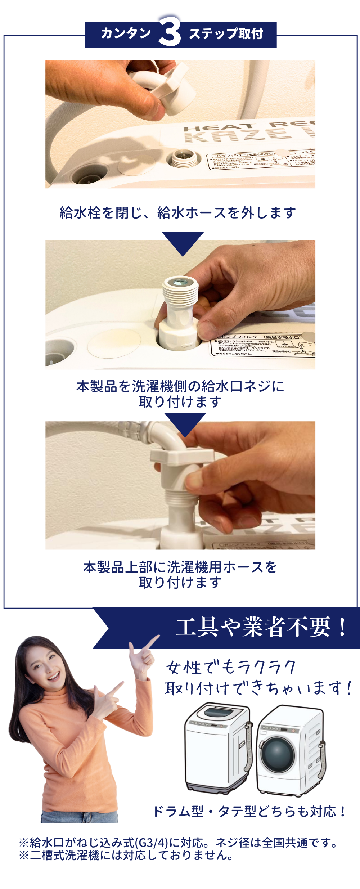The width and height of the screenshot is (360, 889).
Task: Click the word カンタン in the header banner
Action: (126, 33)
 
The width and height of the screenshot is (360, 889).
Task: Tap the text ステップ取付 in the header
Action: (226, 33)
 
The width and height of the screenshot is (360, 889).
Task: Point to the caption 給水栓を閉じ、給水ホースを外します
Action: (178, 212)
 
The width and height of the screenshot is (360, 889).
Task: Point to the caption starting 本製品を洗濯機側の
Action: (180, 394)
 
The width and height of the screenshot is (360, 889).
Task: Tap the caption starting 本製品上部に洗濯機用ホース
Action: (180, 574)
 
